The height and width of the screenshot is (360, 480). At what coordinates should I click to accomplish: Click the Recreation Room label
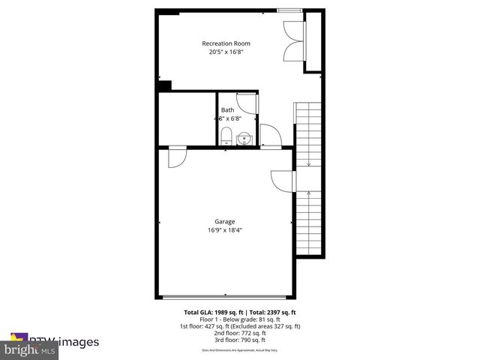point(226,43)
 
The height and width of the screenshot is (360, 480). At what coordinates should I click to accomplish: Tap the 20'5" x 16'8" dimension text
point(226,53)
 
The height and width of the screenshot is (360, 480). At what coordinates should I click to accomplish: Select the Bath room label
point(226,110)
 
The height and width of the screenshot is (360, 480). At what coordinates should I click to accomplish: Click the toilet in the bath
point(226,136)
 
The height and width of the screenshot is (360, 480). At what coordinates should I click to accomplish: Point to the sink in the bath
point(243,138)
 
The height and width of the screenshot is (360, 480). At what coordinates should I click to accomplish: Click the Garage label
point(225,221)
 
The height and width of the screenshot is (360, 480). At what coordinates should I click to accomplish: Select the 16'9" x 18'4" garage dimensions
point(225,231)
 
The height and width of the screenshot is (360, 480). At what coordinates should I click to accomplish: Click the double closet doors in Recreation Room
point(293,43)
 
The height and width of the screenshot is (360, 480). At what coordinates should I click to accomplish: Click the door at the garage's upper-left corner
point(177,157)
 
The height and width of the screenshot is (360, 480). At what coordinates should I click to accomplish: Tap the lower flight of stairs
point(308,222)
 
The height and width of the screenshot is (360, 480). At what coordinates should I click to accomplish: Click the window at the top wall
point(289,10)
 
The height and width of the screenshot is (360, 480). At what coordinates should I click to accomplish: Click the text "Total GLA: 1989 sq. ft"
point(209,312)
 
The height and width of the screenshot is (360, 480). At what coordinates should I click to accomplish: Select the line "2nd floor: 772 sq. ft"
point(241,332)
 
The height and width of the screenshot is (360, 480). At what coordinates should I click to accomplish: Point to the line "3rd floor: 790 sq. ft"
point(241,339)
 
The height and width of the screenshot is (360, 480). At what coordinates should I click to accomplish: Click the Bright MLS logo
point(30,349)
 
